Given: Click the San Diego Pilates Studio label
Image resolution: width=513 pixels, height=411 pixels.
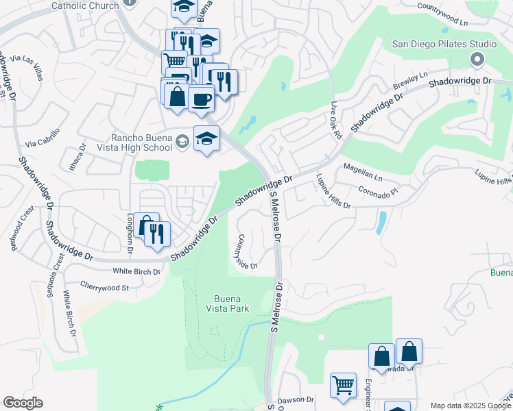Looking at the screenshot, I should (x=444, y=44).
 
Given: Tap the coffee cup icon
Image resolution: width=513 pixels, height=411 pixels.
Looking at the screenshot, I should (x=201, y=99).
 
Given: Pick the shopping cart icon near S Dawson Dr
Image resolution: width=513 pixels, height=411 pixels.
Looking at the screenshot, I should (x=342, y=384).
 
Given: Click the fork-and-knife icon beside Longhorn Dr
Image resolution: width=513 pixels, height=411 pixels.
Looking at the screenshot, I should (x=157, y=234).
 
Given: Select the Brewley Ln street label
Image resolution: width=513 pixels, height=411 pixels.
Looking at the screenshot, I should (x=410, y=82).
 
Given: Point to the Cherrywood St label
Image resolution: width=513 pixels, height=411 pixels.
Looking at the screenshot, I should (x=104, y=288).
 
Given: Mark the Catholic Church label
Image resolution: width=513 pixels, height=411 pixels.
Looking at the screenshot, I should (x=85, y=5).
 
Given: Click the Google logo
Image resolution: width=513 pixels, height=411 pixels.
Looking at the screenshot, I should (x=23, y=403).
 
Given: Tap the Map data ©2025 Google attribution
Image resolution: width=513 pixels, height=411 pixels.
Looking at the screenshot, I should (x=470, y=406).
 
